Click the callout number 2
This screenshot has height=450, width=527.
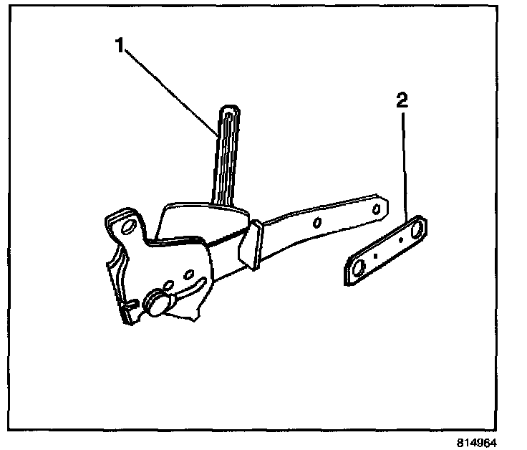(402, 100)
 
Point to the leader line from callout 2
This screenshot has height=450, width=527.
(405, 165)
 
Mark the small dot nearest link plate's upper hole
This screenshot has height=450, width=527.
(400, 241)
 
